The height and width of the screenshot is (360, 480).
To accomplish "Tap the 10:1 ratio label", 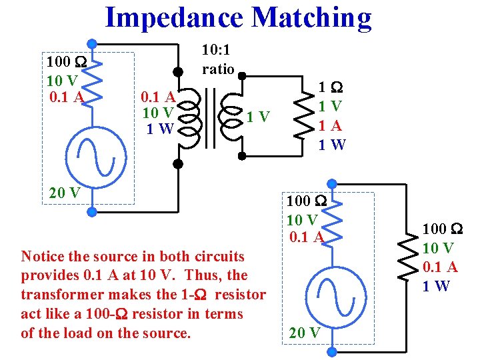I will coord(218,59).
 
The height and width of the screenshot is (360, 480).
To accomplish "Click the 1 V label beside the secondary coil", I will coord(258,118).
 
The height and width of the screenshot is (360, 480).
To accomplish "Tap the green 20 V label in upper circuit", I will coord(65,193).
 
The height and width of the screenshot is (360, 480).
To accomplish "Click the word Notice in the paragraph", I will coord(42,256).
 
